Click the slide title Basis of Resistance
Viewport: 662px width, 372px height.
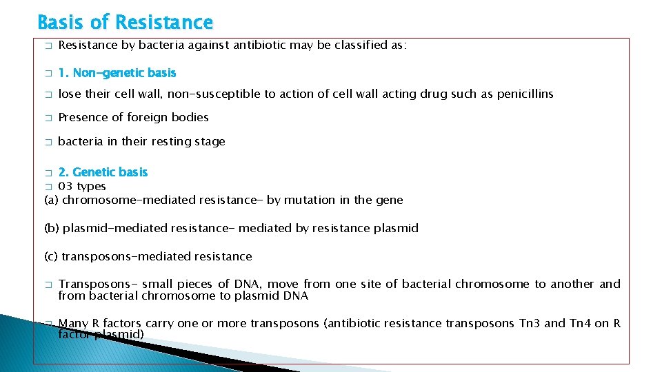tap(125, 22)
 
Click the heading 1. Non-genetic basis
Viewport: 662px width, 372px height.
tap(117, 72)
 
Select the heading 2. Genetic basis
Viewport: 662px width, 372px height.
tap(103, 172)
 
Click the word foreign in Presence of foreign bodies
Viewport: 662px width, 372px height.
tap(152, 117)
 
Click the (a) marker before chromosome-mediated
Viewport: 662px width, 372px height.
tap(52, 200)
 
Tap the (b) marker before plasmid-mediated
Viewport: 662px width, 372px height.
tap(52, 228)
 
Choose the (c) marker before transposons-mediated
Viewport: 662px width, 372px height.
tap(51, 256)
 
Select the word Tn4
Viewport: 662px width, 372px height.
tap(581, 322)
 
